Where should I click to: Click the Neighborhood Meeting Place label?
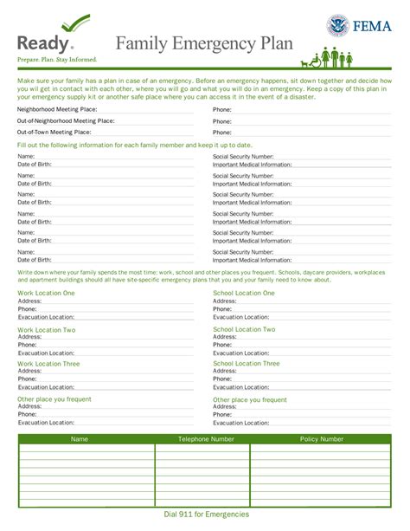(54, 111)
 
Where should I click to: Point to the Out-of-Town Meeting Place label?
(54, 133)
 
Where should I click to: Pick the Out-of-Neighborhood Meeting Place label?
(66, 122)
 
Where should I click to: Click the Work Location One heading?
(46, 293)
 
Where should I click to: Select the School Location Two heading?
(244, 329)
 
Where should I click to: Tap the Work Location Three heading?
(49, 364)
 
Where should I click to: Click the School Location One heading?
(244, 293)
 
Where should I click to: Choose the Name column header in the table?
(80, 439)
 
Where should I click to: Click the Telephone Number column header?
(206, 439)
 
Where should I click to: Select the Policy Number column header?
(321, 439)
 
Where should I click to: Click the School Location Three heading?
(247, 364)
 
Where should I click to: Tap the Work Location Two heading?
(46, 329)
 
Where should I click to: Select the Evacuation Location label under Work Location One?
(45, 317)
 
